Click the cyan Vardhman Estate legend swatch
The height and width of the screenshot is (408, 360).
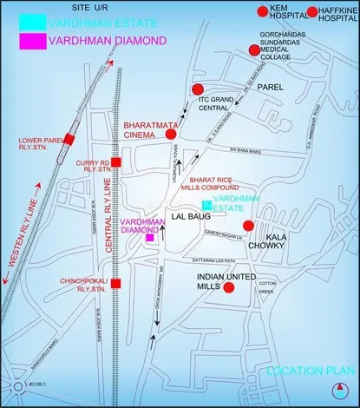tap(34, 22)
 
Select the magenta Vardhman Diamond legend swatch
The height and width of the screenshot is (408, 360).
tap(34, 41)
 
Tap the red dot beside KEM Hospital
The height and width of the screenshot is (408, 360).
tap(263, 10)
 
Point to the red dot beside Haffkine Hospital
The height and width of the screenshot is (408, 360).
tap(311, 10)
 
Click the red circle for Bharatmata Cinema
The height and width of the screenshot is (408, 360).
tap(171, 135)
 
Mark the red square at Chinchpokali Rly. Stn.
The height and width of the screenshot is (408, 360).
tap(115, 283)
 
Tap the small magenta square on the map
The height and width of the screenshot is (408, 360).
tap(150, 237)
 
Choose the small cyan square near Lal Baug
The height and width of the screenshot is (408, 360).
tap(206, 205)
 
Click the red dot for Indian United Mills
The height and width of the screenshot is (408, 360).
tap(229, 288)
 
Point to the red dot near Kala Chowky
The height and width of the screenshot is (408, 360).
tap(248, 226)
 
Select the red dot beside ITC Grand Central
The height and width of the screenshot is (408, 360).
tap(198, 89)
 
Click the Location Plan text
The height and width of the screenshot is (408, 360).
tap(305, 372)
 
